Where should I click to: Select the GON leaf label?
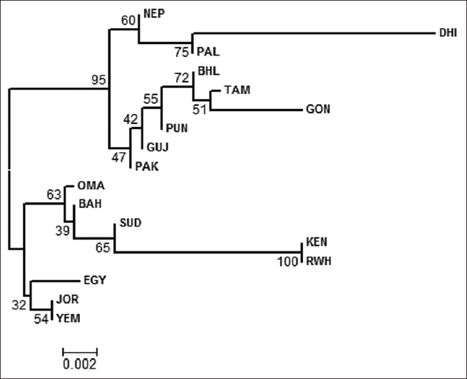[318, 109]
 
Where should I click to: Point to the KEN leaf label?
[317, 243]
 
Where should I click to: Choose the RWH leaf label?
[318, 261]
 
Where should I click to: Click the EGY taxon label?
[94, 280]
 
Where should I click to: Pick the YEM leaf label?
[68, 318]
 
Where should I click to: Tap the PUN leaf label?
[176, 128]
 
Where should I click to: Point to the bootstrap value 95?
[99, 80]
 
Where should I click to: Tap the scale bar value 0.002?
[80, 363]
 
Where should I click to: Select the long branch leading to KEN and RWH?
[207, 252]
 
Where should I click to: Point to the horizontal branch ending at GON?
[255, 110]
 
